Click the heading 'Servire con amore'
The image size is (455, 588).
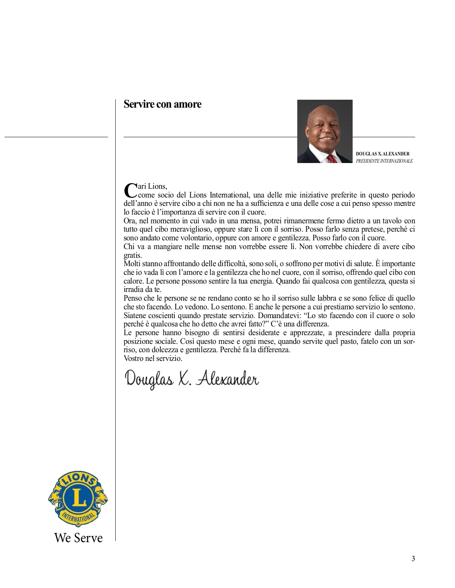(x=162, y=104)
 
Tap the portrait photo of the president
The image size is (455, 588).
(x=325, y=131)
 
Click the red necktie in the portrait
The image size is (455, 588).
(x=331, y=158)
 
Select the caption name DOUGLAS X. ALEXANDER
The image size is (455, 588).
(x=382, y=154)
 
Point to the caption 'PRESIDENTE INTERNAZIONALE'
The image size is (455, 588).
(x=384, y=161)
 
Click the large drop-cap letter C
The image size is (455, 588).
(x=130, y=190)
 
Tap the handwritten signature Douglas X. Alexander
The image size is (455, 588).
(x=192, y=378)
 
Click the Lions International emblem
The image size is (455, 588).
(x=78, y=499)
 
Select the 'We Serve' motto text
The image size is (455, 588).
(x=78, y=538)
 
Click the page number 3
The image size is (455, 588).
(x=413, y=558)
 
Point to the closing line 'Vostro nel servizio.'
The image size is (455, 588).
(x=153, y=358)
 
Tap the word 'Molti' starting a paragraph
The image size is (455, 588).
(x=132, y=263)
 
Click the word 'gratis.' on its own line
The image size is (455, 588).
(x=133, y=255)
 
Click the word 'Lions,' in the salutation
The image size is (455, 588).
(x=157, y=186)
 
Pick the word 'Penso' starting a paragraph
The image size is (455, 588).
(x=133, y=298)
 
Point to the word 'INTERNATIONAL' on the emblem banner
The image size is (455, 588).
(x=78, y=517)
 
